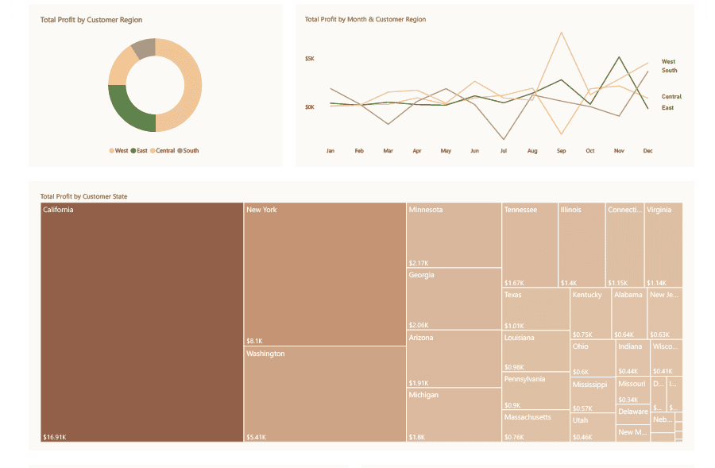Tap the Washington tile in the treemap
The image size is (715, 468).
point(324,393)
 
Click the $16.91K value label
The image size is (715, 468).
point(55,436)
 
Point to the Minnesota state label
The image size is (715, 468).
point(426,210)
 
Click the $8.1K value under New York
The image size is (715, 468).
point(254,341)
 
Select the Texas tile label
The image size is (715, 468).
point(512,295)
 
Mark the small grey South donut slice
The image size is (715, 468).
point(142,48)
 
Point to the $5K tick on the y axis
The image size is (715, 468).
point(310,59)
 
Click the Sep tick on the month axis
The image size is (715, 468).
point(561,150)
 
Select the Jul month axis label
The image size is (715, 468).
point(503,150)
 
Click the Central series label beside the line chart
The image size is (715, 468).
point(671,96)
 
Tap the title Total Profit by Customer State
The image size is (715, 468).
point(83,196)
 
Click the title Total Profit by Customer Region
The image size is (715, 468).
point(91,20)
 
